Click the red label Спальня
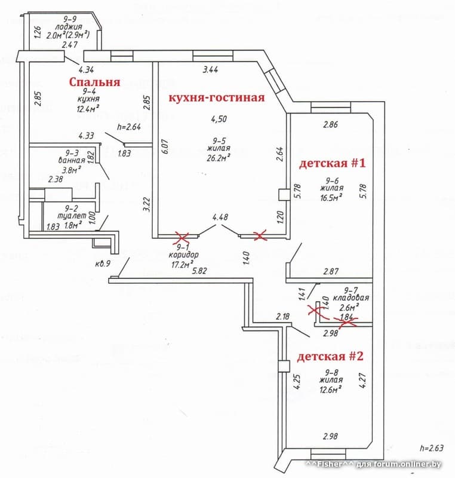point(95,82)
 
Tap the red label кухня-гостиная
point(217,97)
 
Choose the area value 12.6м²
point(330,389)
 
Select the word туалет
point(65,216)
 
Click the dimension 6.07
point(165,147)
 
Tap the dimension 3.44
point(210,71)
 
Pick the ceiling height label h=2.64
point(130,126)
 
